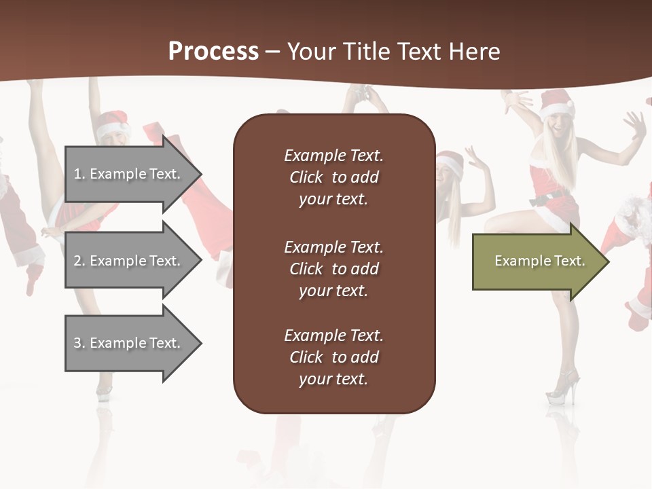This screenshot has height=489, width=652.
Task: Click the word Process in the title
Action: tap(213, 52)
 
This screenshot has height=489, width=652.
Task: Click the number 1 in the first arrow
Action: tap(77, 174)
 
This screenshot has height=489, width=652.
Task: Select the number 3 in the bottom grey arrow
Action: tap(77, 343)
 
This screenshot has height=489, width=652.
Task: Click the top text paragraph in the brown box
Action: tap(333, 177)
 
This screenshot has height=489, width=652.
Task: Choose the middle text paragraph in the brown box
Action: tap(333, 268)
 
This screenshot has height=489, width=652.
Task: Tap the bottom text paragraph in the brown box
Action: tap(333, 357)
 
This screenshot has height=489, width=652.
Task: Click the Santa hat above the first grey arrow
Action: tap(112, 125)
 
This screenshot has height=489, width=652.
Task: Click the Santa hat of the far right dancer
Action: tap(558, 103)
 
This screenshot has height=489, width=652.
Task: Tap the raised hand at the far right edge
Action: tap(635, 125)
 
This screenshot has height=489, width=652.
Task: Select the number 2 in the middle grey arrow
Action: tap(77, 261)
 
